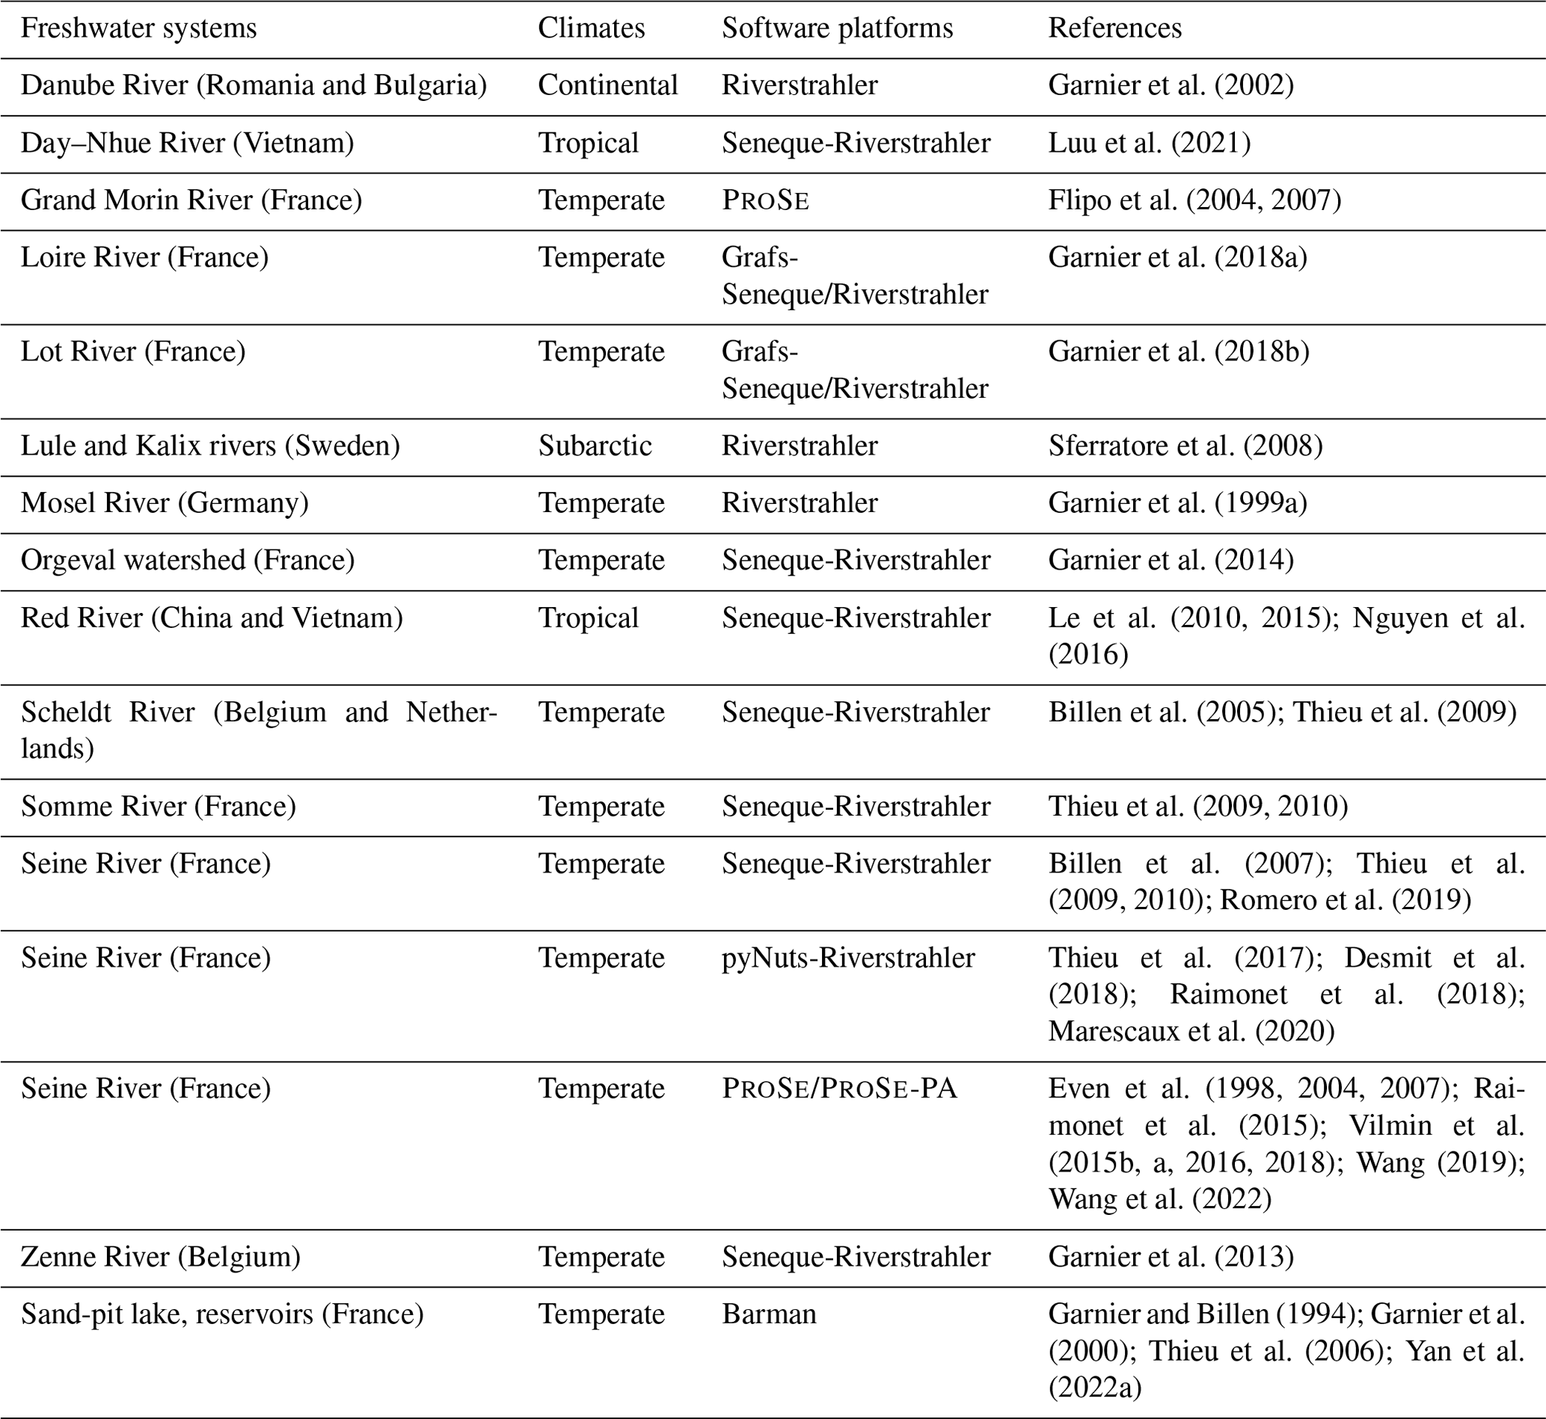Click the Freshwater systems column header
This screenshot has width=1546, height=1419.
[x=138, y=28]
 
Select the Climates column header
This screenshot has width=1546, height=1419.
[x=591, y=28]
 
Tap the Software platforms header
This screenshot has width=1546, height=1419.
[x=836, y=28]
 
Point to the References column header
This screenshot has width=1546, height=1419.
[x=1114, y=28]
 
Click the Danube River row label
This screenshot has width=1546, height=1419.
[x=254, y=85]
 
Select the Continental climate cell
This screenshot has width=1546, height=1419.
[x=607, y=85]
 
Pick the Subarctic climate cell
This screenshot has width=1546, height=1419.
[x=595, y=446]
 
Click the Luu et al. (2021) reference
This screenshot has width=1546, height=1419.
[x=1149, y=144]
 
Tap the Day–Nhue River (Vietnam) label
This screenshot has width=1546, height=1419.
[x=187, y=144]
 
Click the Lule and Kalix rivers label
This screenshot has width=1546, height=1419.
[x=209, y=446]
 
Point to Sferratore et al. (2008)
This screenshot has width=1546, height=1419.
[x=1185, y=446]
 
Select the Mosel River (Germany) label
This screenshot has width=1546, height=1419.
[x=165, y=504]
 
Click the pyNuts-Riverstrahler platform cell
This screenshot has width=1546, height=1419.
[x=848, y=958]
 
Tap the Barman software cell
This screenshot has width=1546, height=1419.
[x=768, y=1314]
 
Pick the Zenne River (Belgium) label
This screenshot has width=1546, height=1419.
[x=161, y=1257]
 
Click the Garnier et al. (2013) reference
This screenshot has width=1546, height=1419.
[x=1171, y=1257]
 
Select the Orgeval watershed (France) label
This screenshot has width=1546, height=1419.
[x=188, y=561]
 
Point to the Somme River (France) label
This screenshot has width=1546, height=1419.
[x=159, y=807]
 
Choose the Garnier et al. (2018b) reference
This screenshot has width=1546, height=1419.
[x=1178, y=351]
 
